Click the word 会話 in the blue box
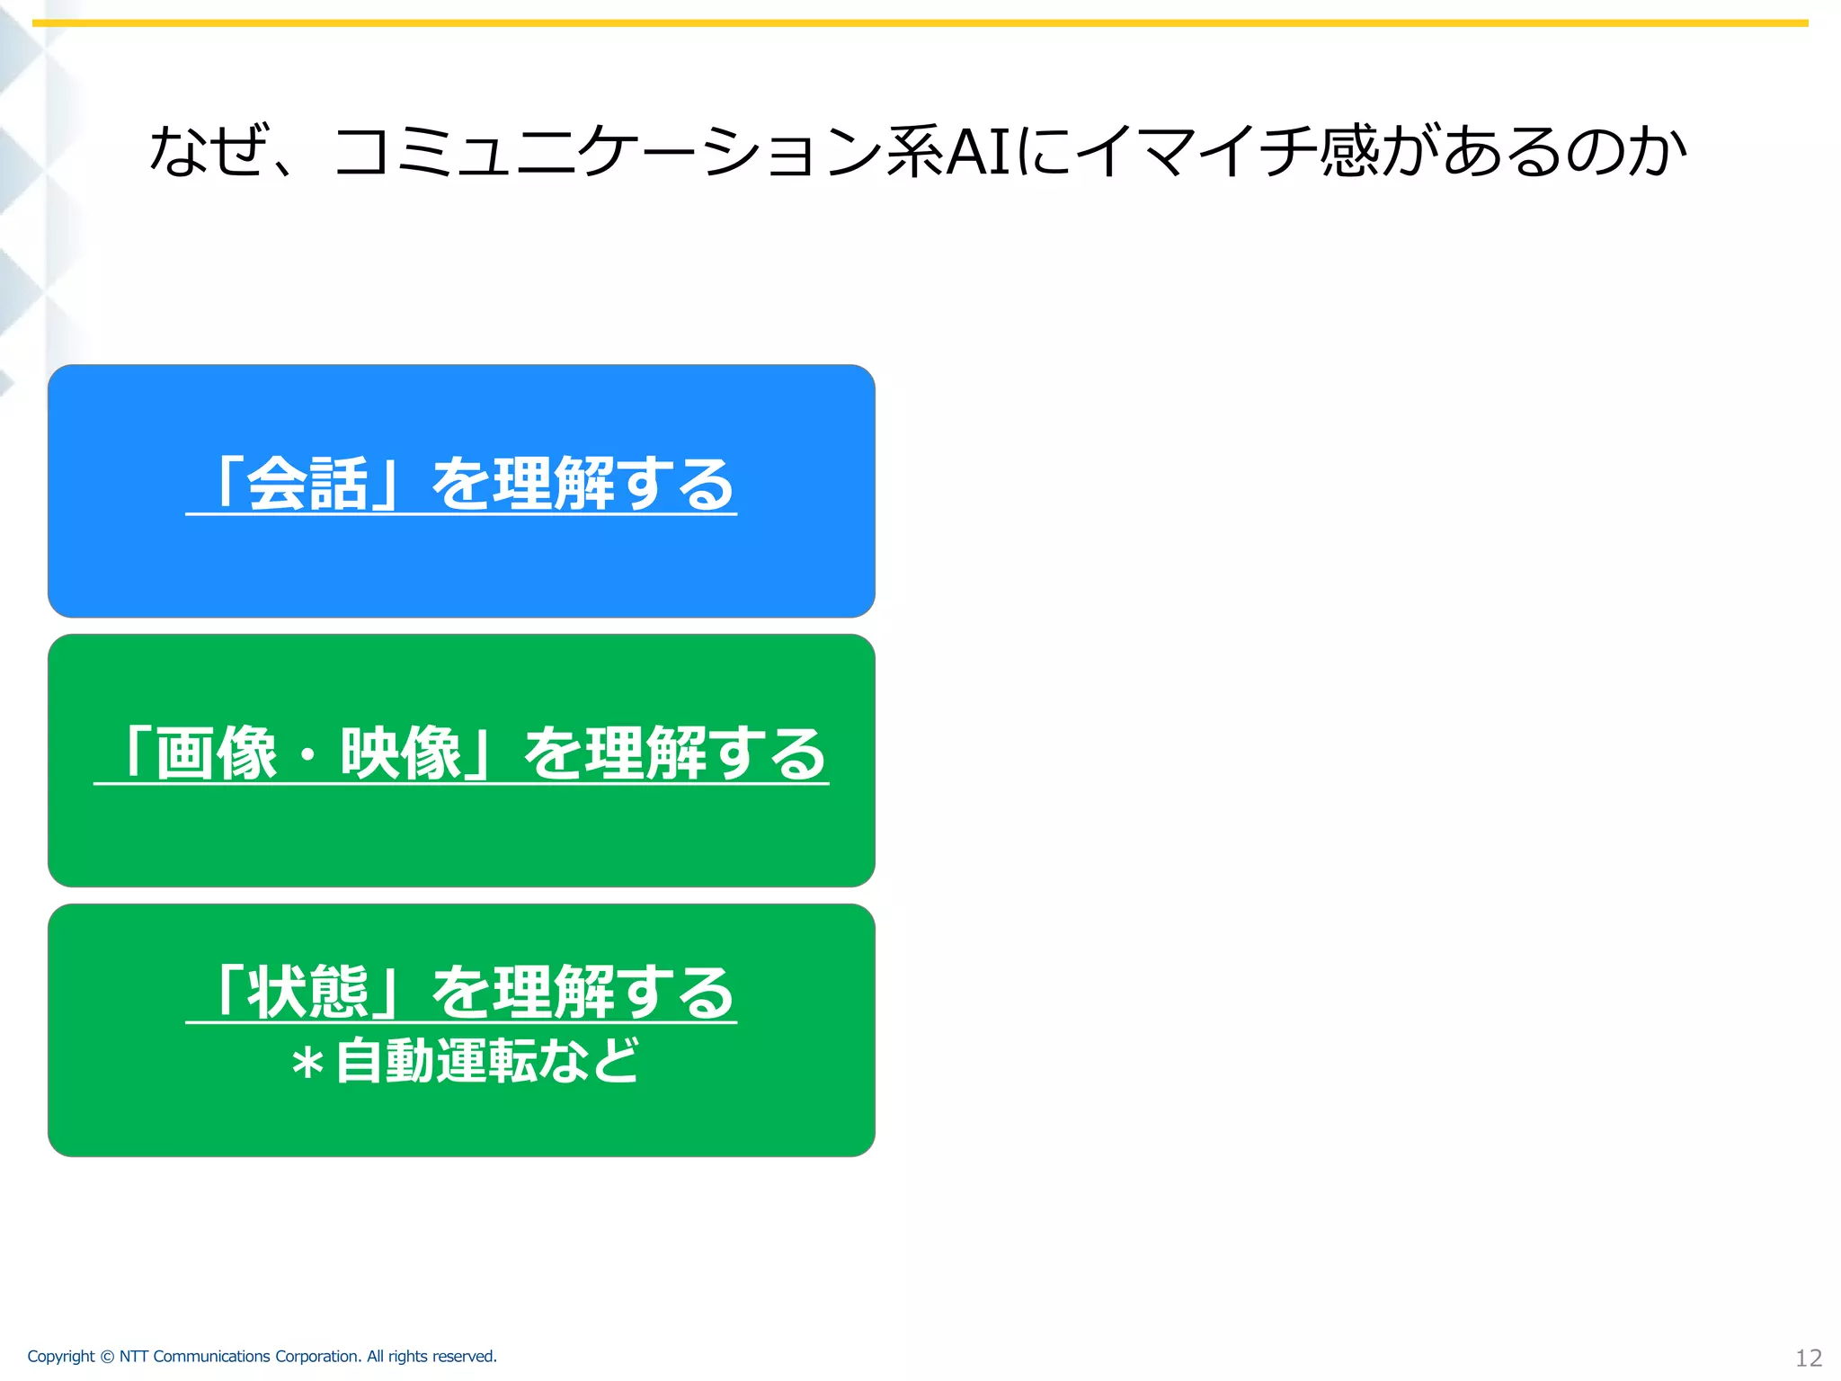(307, 485)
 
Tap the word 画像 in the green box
(216, 753)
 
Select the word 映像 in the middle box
(401, 753)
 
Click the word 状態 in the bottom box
(307, 993)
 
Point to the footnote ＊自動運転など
(465, 1062)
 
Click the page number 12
(1808, 1358)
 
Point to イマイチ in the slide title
(1196, 151)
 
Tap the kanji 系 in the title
(915, 151)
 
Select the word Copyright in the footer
(60, 1357)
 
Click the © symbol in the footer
(107, 1357)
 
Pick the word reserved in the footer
(467, 1357)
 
